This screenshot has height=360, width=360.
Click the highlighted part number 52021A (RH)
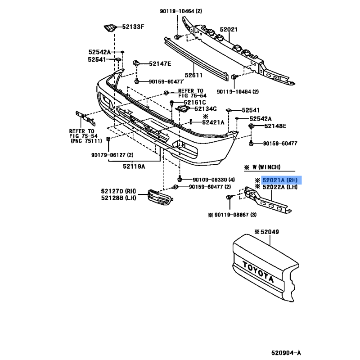[280, 180]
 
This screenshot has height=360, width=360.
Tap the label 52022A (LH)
[280, 187]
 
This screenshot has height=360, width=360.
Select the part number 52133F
[133, 27]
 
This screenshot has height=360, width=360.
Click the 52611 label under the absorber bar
[193, 75]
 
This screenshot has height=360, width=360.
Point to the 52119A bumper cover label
[134, 166]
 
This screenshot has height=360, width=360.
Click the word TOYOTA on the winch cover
[258, 272]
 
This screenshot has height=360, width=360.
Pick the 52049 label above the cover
[270, 232]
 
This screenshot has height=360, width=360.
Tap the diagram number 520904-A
[286, 353]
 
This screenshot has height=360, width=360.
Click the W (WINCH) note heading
[266, 167]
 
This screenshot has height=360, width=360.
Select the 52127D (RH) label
[118, 191]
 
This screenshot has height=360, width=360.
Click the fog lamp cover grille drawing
[161, 197]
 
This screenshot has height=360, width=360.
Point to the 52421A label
[213, 122]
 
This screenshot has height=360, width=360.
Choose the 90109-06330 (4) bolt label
[213, 180]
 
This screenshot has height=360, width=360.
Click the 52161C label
[195, 103]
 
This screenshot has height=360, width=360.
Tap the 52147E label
[160, 64]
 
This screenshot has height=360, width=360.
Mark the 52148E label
[275, 126]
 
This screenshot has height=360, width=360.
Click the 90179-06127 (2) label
[112, 155]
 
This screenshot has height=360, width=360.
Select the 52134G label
[206, 109]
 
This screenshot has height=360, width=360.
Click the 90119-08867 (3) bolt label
[235, 215]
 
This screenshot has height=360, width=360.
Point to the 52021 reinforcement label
[229, 30]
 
